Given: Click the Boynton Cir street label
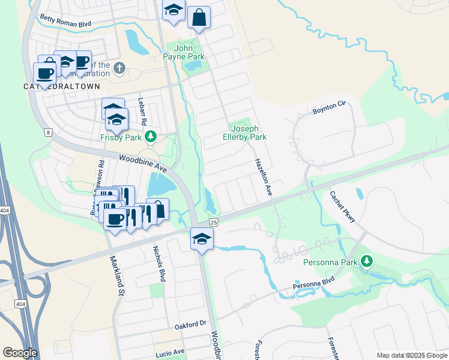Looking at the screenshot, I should [330, 107].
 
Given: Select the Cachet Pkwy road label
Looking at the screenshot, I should [343, 206].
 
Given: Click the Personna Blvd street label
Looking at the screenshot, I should [313, 284].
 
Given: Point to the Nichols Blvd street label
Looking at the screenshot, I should [159, 263].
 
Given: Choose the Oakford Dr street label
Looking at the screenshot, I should [190, 325].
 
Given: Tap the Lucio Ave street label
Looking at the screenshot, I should [170, 352].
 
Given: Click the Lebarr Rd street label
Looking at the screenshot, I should [142, 111].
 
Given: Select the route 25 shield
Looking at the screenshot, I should [214, 222].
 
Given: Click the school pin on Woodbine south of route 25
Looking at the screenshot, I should [202, 239].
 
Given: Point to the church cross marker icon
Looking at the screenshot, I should [119, 67].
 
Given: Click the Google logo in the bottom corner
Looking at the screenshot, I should [20, 353].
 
